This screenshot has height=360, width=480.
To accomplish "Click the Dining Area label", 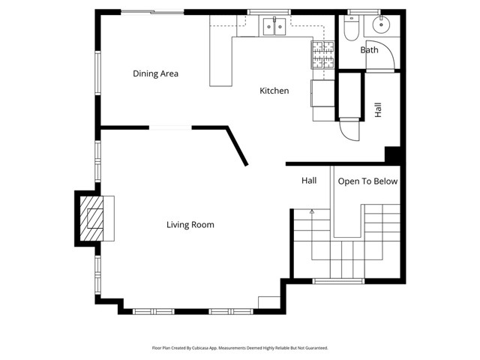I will click(155, 73).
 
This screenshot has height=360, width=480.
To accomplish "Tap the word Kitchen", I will click(274, 91).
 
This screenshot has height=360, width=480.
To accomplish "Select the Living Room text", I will click(190, 224).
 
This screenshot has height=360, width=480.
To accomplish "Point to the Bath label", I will click(369, 50).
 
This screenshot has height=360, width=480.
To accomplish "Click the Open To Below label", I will click(367, 181).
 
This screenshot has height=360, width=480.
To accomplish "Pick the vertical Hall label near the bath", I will click(378, 109).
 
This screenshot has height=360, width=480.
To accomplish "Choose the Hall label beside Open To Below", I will click(309, 181).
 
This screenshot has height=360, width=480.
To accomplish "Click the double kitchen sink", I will click(273, 28).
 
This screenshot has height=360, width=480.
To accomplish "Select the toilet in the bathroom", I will click(350, 29).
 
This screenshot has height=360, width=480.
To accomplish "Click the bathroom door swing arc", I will click(385, 54).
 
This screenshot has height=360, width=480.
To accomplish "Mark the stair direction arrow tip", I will click(311, 212).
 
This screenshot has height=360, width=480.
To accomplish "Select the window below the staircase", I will click(337, 281).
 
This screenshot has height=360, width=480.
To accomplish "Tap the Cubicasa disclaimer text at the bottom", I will click(240, 348).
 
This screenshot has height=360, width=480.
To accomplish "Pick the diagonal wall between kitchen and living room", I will click(236, 146).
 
